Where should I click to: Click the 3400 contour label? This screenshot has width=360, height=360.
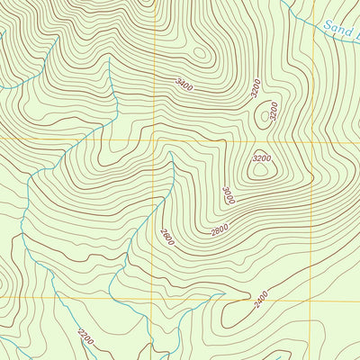pyautogui.click(x=185, y=85)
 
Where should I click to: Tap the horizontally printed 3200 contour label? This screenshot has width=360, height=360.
pyautogui.click(x=261, y=158)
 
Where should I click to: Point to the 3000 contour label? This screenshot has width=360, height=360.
pyautogui.click(x=229, y=195)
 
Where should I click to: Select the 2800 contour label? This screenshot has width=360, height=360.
pyautogui.click(x=220, y=230)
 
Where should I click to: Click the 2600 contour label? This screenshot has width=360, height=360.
pyautogui.click(x=166, y=237)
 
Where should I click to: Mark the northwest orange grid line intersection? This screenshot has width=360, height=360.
pyautogui.click(x=155, y=140)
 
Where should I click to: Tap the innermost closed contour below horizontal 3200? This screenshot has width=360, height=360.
pyautogui.click(x=262, y=167)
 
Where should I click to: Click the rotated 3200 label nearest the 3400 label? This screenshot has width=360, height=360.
pyautogui.click(x=255, y=88)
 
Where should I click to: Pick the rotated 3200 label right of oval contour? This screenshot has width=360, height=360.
pyautogui.click(x=274, y=112)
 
